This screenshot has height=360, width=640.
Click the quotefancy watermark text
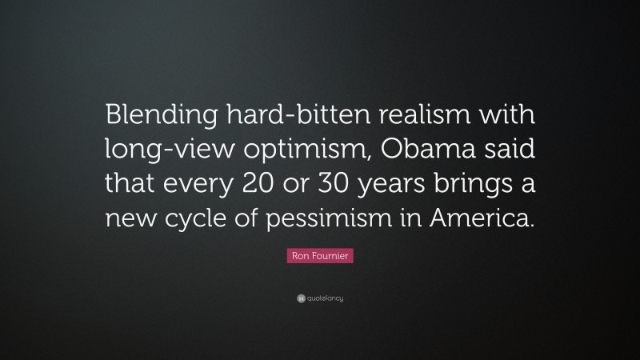pyautogui.click(x=325, y=298)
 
